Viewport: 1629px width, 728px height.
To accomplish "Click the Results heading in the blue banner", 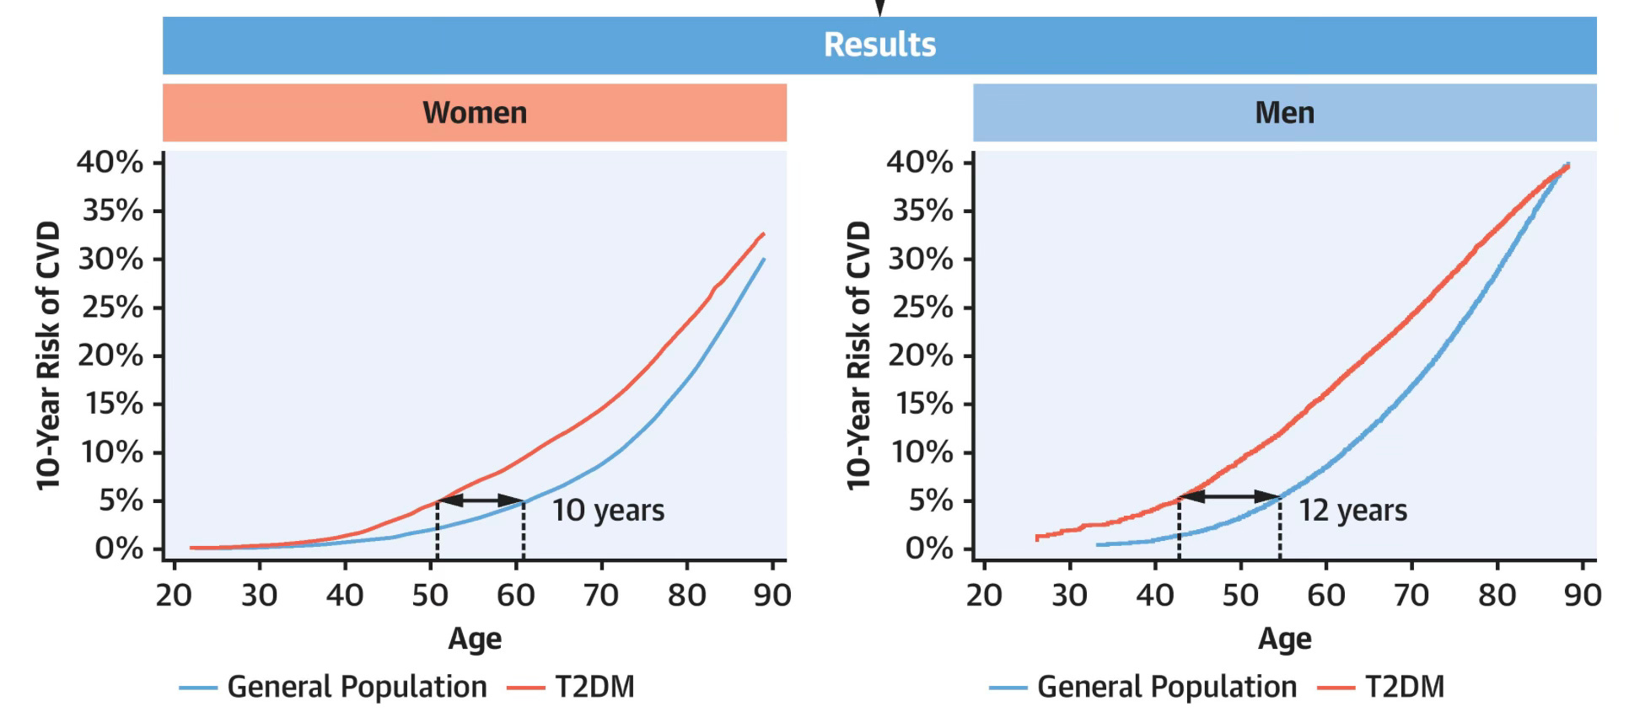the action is [879, 45].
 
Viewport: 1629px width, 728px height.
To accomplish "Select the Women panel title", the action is [475, 113].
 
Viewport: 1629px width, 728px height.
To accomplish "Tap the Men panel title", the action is [1284, 113].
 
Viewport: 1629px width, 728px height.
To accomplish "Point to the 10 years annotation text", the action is [608, 511].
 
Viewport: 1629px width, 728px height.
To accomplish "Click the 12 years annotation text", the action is [1352, 511].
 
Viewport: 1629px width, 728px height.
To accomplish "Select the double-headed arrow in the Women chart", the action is [481, 500].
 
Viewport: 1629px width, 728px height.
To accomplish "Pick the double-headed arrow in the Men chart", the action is [1229, 496].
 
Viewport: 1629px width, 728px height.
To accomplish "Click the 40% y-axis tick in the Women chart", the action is [110, 162].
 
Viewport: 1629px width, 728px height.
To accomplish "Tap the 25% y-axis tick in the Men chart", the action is [922, 308].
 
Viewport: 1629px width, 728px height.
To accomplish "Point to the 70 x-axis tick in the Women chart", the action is [601, 596].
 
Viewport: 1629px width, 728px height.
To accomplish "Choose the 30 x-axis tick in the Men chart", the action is [1069, 596].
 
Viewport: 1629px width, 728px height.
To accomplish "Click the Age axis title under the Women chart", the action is [475, 640].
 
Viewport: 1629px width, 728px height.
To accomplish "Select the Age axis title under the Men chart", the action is [1284, 640].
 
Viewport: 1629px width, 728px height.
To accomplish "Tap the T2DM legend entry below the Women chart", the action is [570, 688].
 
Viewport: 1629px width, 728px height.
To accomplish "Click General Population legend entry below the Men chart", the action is [1143, 688].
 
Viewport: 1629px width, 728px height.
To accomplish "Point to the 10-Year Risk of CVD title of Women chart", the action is [48, 356].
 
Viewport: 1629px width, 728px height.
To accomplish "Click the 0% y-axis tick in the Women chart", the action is [119, 549].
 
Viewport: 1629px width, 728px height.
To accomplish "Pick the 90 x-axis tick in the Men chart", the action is [1583, 596].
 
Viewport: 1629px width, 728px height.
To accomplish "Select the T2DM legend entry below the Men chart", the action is [1380, 688].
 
